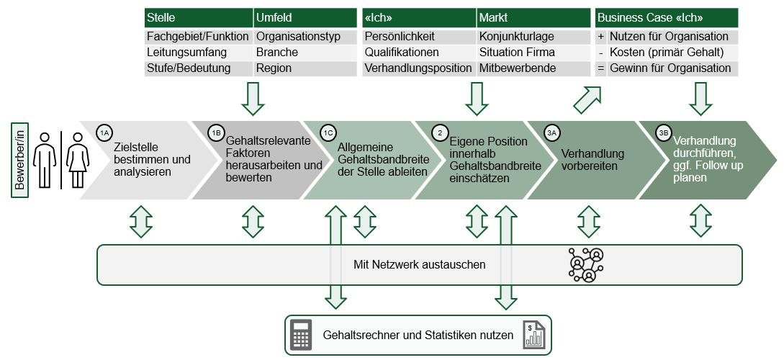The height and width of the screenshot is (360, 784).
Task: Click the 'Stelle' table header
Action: tap(198, 18)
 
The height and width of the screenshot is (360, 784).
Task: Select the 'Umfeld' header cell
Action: tap(305, 18)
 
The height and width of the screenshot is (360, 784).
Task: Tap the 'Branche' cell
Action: tap(305, 53)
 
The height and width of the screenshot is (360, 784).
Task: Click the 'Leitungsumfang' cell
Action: tap(198, 53)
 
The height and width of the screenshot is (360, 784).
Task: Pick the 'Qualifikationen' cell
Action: tap(418, 53)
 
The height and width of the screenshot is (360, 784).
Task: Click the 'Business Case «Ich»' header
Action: tap(666, 18)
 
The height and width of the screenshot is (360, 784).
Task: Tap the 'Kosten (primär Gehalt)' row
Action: tap(666, 53)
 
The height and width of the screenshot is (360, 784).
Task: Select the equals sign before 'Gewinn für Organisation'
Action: tap(600, 68)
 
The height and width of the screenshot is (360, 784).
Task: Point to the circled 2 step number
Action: tap(440, 133)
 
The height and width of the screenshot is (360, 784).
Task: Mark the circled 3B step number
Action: tap(664, 133)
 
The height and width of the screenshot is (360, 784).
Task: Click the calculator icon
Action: tap(301, 335)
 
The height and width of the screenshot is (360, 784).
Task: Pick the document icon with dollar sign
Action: tap(534, 336)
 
